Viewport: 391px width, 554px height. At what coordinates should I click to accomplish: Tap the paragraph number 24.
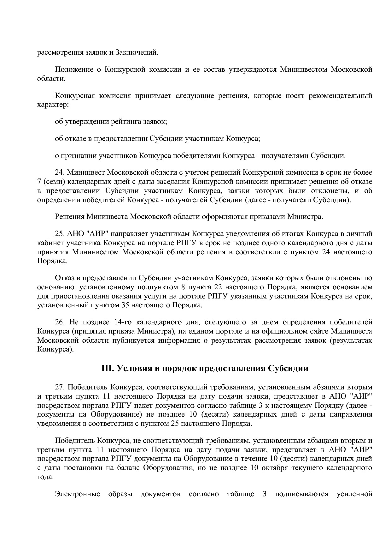point(60,172)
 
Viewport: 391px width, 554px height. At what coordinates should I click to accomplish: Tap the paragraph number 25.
point(60,234)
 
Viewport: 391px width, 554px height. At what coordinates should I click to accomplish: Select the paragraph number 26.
point(60,322)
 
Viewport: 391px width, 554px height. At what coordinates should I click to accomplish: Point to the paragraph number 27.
point(60,387)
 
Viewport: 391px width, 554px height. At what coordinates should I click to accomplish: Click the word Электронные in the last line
point(78,494)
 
